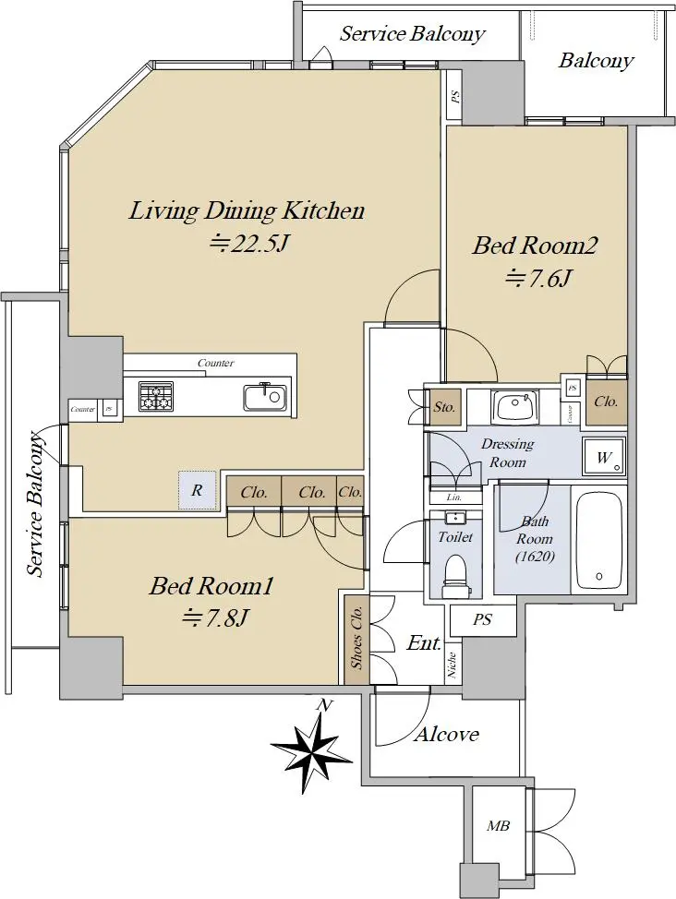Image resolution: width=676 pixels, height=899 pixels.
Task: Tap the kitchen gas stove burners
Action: point(155,396)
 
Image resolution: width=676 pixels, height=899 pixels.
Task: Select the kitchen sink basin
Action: point(264,397)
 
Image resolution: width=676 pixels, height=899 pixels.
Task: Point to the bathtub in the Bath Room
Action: point(598,540)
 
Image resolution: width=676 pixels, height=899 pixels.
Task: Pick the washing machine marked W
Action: point(604,457)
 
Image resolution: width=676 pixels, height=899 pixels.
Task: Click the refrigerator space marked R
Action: point(197,490)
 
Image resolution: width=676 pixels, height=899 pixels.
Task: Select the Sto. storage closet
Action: point(445,407)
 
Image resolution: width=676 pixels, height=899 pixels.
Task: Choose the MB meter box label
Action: point(498,826)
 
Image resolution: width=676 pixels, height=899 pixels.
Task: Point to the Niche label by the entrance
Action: point(453,665)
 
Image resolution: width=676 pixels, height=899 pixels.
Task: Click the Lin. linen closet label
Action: point(454,497)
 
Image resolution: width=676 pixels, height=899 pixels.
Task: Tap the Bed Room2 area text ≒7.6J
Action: point(537,280)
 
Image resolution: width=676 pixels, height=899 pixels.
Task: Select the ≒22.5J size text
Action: point(249,245)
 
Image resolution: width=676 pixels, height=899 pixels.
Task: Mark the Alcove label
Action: point(446,734)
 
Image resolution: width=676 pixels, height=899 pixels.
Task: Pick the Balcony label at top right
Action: point(597,61)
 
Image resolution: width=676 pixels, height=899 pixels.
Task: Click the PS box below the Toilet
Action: point(483,619)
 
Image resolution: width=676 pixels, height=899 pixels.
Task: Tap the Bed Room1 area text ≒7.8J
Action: point(215,617)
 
